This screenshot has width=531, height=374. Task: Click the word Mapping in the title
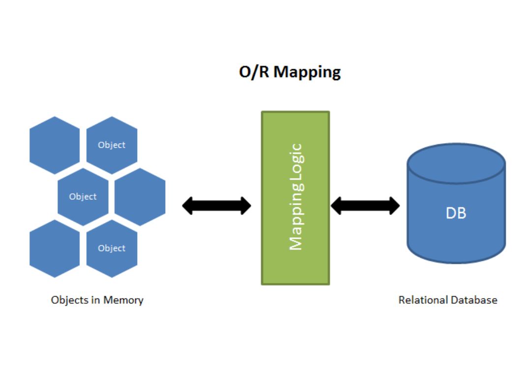point(307,72)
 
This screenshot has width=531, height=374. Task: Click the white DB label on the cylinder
point(456,213)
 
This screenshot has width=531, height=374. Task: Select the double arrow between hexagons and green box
point(216,205)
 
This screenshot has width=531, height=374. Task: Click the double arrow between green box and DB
point(365,205)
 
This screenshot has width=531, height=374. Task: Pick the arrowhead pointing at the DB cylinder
point(393,205)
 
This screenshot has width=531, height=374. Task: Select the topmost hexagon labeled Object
point(112,145)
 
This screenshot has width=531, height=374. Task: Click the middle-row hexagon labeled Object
point(83,197)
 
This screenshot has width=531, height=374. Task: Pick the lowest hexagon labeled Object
point(112,249)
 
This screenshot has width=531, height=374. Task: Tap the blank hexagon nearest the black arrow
point(140,197)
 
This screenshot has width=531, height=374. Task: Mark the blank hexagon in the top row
point(55,145)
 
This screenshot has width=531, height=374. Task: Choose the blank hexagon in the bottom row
point(55,249)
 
